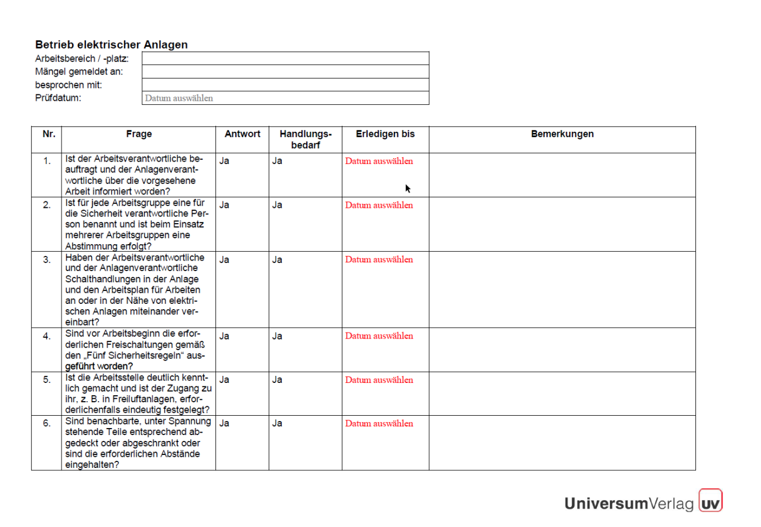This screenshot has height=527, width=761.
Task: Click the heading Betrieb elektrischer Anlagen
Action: pyautogui.click(x=111, y=45)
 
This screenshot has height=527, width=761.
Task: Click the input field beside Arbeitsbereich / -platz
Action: pyautogui.click(x=286, y=58)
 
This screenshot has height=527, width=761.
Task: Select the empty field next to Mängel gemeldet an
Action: pyautogui.click(x=286, y=71)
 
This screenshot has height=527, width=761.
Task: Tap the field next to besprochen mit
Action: pyautogui.click(x=286, y=85)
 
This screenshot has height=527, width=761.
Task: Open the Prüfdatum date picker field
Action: pyautogui.click(x=286, y=98)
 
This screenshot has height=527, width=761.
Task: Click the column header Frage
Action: pyautogui.click(x=139, y=134)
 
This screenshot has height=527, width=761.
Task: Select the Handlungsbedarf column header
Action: pyautogui.click(x=306, y=139)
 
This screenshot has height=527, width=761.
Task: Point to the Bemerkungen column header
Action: pyautogui.click(x=562, y=134)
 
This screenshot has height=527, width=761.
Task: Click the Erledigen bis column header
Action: pyautogui.click(x=385, y=134)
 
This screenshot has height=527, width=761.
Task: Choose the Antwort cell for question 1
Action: pyautogui.click(x=225, y=161)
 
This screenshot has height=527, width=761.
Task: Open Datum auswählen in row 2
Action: pyautogui.click(x=379, y=206)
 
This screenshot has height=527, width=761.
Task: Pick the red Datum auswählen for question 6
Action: pyautogui.click(x=379, y=424)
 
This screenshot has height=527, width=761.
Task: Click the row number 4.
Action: pyautogui.click(x=47, y=337)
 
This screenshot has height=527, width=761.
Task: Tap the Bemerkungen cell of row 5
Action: pyautogui.click(x=562, y=393)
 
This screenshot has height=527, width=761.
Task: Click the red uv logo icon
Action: pyautogui.click(x=711, y=502)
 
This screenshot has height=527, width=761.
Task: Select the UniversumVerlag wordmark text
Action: pyautogui.click(x=629, y=503)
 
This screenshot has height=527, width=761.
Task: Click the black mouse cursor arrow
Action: pyautogui.click(x=408, y=188)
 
